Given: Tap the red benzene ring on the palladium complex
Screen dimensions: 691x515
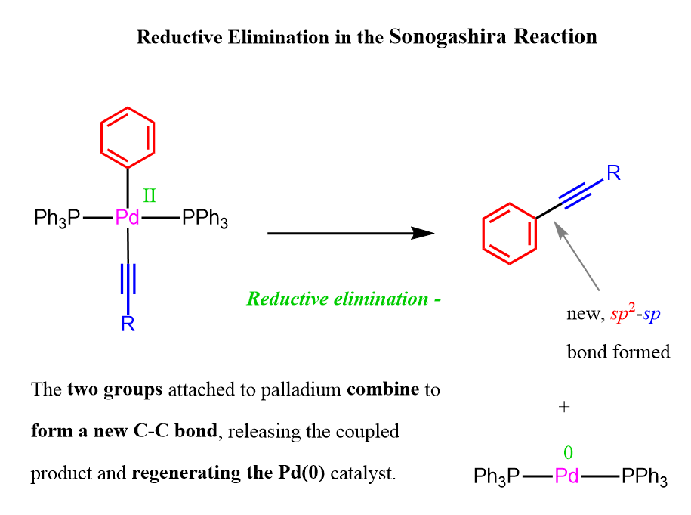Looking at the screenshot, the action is tap(101, 138).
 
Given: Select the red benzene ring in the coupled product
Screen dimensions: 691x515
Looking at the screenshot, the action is tap(483, 234).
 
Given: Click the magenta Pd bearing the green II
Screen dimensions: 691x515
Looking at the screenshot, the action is tap(127, 217).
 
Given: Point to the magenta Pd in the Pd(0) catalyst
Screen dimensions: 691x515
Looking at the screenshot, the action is tap(566, 476).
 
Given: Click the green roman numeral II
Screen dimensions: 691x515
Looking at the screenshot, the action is tap(150, 196).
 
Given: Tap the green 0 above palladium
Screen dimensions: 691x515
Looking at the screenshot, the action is tap(568, 453).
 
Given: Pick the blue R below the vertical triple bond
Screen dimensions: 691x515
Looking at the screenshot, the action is tap(128, 324).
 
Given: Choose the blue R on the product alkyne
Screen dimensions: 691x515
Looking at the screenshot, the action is tap(613, 173).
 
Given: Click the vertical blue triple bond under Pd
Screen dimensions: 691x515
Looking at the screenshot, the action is tap(128, 278).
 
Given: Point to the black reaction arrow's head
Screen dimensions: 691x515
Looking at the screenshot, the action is tap(422, 233).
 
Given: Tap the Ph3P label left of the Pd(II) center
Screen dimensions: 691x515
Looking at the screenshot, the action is tap(57, 218).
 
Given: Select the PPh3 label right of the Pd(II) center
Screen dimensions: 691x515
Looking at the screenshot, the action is tap(205, 218).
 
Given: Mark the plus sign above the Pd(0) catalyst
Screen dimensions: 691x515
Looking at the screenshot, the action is tap(564, 406).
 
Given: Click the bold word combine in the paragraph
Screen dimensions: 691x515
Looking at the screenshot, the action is tap(383, 389).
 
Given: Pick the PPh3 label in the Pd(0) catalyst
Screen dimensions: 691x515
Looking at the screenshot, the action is tap(644, 476).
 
